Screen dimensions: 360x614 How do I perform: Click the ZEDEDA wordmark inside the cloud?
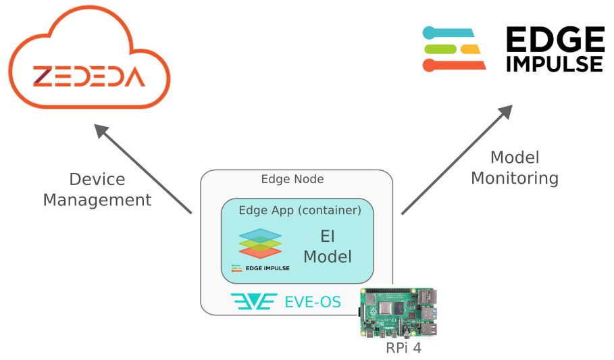click(x=89, y=76)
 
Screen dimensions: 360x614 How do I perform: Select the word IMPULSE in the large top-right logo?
click(x=554, y=63)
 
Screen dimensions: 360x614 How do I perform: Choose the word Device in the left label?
click(x=97, y=180)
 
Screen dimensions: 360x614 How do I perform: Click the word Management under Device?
click(x=97, y=200)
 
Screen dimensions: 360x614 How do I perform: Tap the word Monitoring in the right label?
click(x=515, y=178)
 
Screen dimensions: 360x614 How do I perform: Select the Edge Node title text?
click(x=292, y=179)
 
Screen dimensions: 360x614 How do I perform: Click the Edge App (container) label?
click(x=300, y=210)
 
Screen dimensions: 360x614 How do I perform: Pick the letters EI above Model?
click(x=328, y=236)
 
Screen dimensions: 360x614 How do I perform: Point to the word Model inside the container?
click(x=328, y=257)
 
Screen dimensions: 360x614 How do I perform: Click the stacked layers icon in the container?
click(x=260, y=243)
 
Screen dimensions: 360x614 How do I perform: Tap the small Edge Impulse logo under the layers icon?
click(x=260, y=268)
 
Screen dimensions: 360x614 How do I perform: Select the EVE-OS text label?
click(x=313, y=302)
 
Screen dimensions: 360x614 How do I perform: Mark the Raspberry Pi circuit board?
click(x=398, y=313)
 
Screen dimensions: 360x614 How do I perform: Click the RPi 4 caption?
click(x=404, y=349)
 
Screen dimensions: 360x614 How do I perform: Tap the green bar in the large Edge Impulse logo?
click(x=442, y=49)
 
